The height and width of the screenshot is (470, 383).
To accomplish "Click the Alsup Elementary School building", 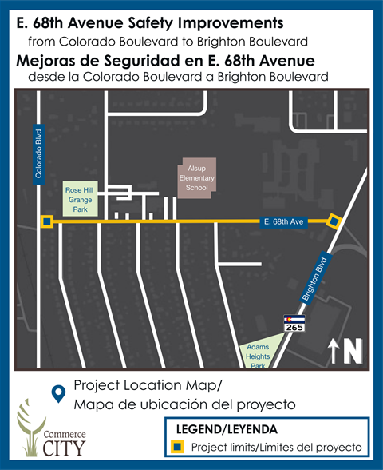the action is coord(196,177).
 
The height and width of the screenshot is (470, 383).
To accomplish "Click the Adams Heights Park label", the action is coord(257,356).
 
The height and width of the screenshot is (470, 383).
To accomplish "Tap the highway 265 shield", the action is coord(294,323).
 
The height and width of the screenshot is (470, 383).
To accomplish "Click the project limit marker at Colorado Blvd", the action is coord(47,221).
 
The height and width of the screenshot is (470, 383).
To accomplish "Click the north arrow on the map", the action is coord(334,350).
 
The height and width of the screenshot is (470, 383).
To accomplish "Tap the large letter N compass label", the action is coord(353,350).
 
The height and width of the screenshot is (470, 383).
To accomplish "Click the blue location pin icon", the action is coord(57,393).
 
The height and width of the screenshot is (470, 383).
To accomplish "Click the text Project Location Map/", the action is coord(147,384).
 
